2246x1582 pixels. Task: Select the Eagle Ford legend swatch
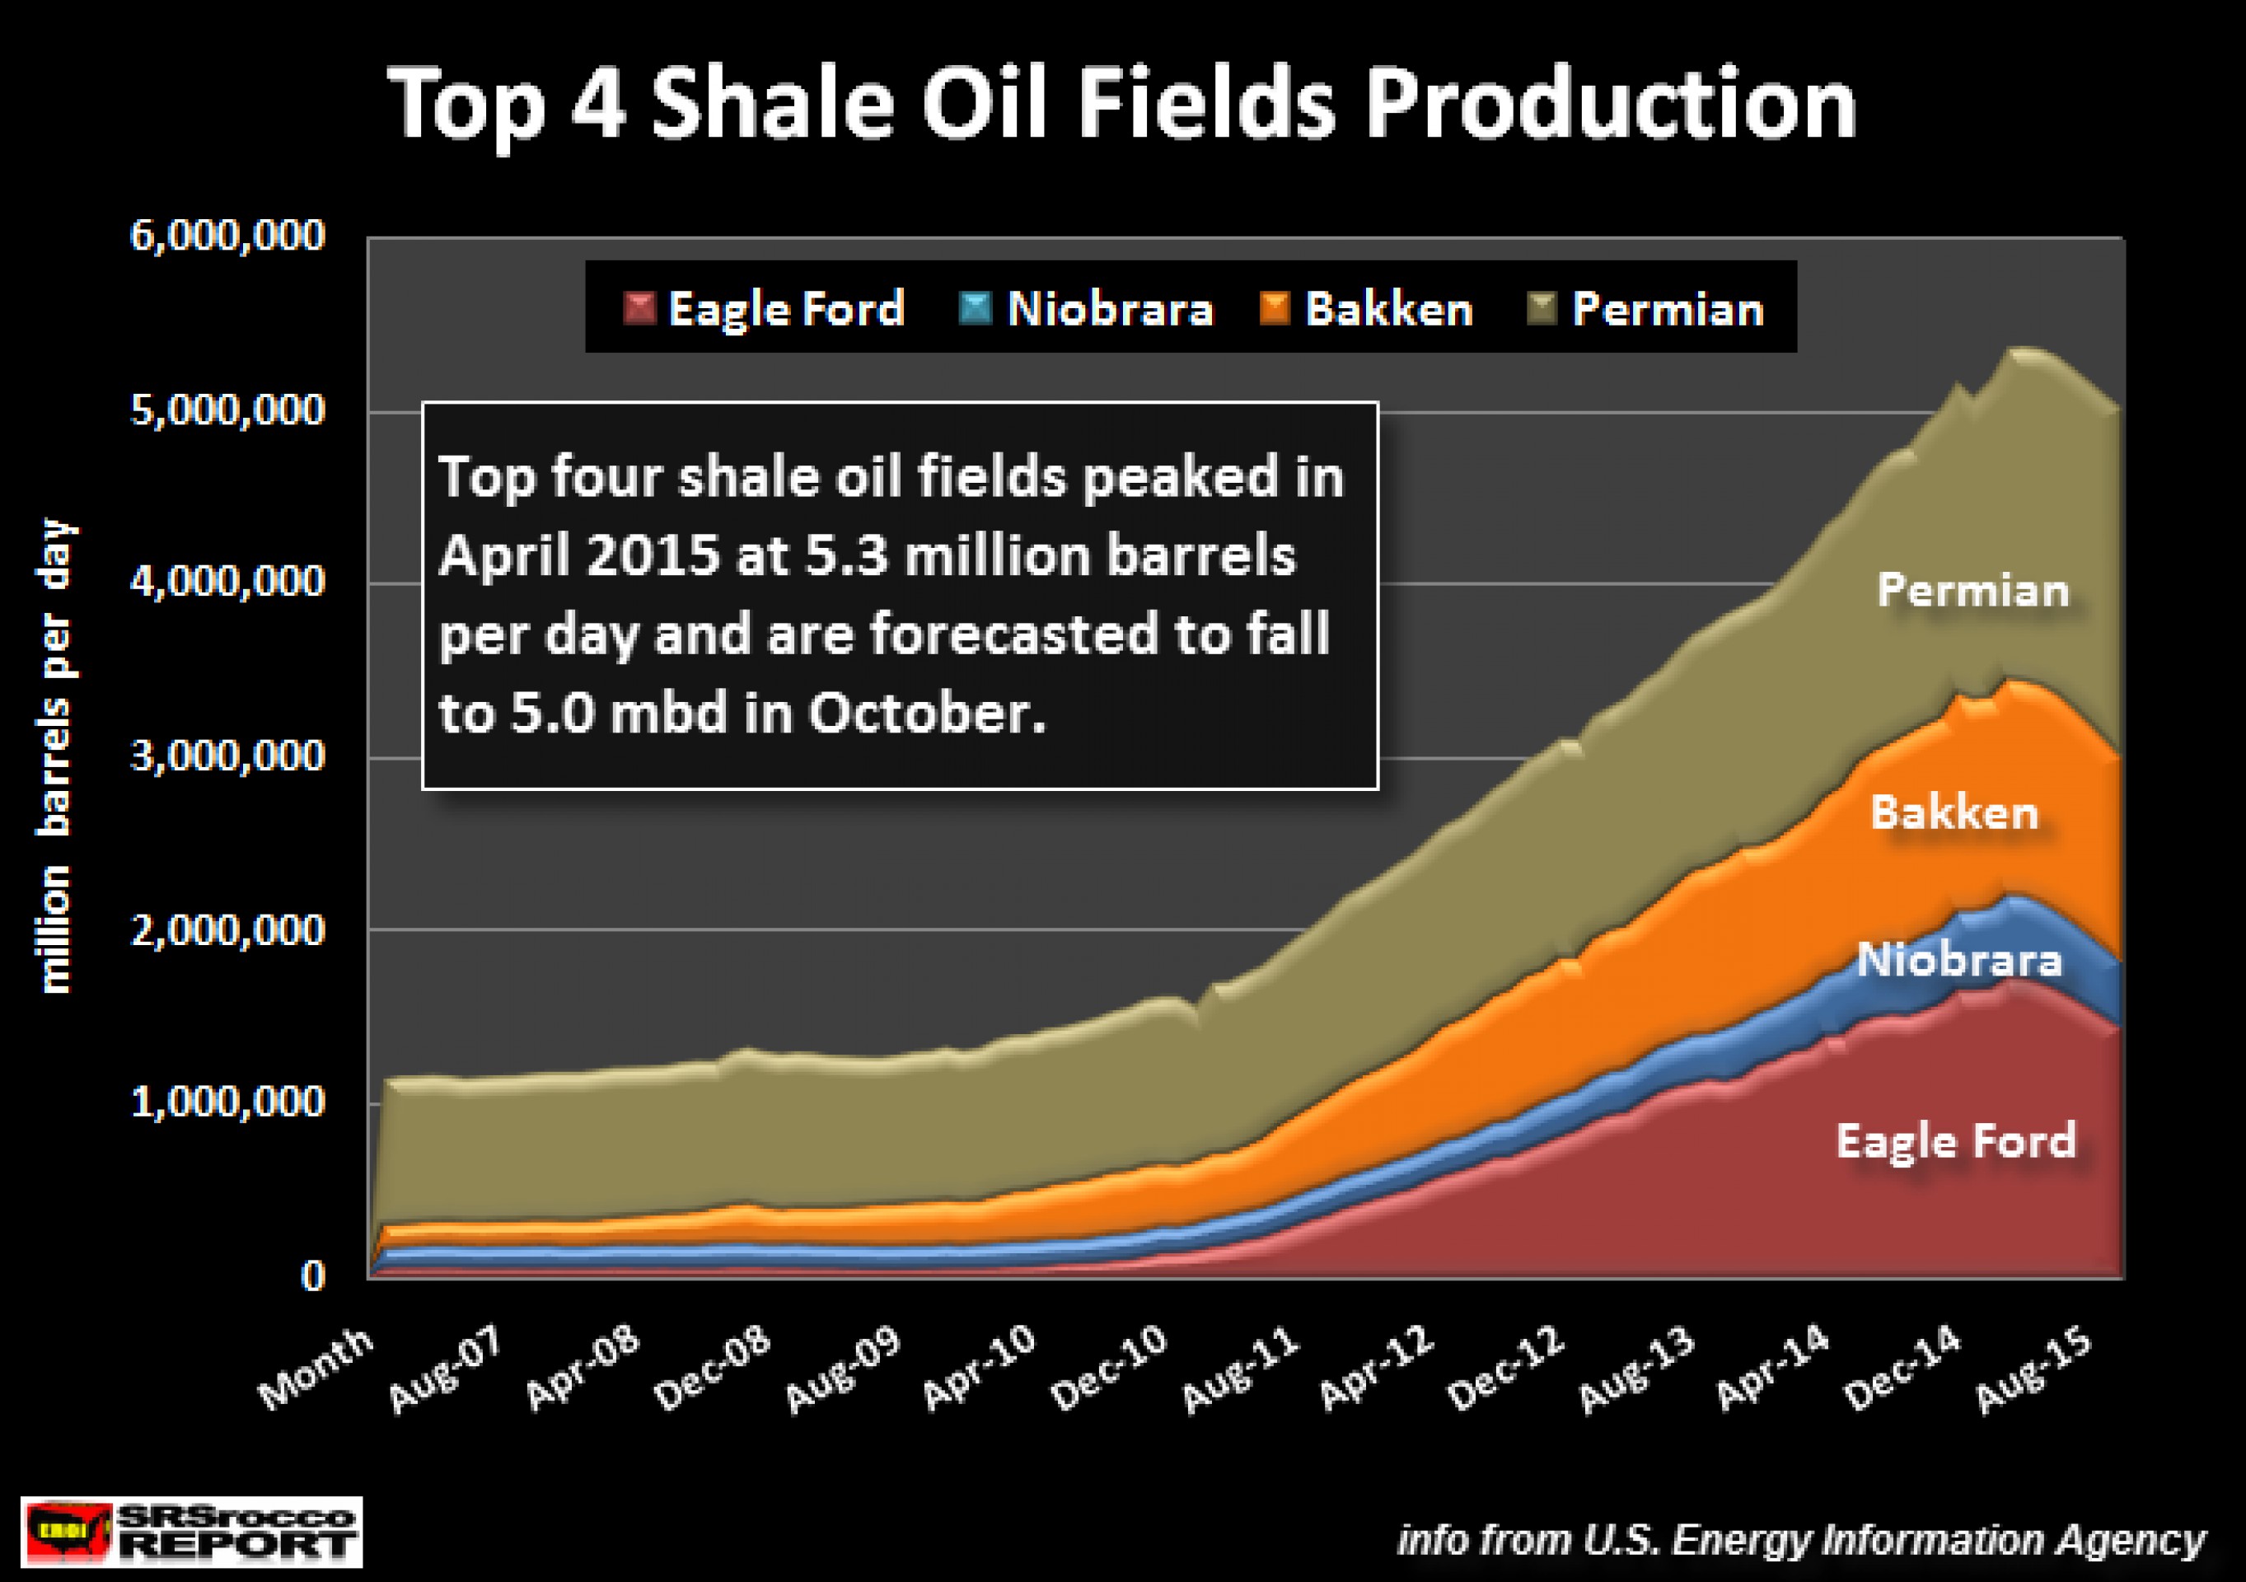(x=639, y=308)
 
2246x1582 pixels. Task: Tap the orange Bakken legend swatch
(x=1275, y=308)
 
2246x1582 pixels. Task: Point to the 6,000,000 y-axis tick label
(x=227, y=236)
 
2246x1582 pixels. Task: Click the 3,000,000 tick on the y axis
(x=227, y=756)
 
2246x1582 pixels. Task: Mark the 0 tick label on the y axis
(x=312, y=1275)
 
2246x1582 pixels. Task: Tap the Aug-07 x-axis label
(x=445, y=1369)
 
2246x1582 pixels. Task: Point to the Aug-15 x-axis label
(x=2033, y=1369)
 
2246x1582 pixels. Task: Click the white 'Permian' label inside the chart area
(x=1972, y=590)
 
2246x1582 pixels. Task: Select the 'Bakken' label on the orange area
(x=1954, y=812)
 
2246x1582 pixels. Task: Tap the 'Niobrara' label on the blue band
(x=1958, y=960)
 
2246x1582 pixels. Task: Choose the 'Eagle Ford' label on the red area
(x=1955, y=1140)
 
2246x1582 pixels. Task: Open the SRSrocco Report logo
(x=192, y=1531)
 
